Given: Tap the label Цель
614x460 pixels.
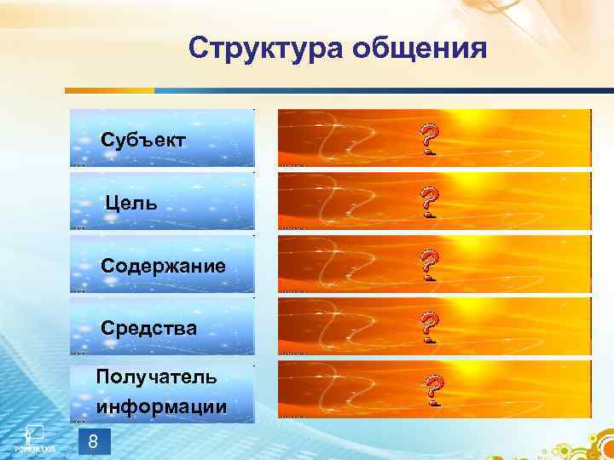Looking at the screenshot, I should point(131,203).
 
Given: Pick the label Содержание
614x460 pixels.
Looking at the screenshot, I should point(163,266).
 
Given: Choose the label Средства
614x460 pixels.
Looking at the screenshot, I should point(148,328).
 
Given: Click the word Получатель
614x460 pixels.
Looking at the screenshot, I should point(156,377).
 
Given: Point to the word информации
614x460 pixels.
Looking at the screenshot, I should point(161,406).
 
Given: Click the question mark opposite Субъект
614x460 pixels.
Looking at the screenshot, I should point(431,139).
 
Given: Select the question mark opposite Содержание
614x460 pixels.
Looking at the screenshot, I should point(431,265).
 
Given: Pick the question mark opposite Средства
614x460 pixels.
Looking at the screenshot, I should point(431,327).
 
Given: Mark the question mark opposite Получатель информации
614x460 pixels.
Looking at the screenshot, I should point(434,391).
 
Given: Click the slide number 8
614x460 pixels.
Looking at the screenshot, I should point(93,441).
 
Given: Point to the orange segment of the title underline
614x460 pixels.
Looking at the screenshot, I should point(111,90).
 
